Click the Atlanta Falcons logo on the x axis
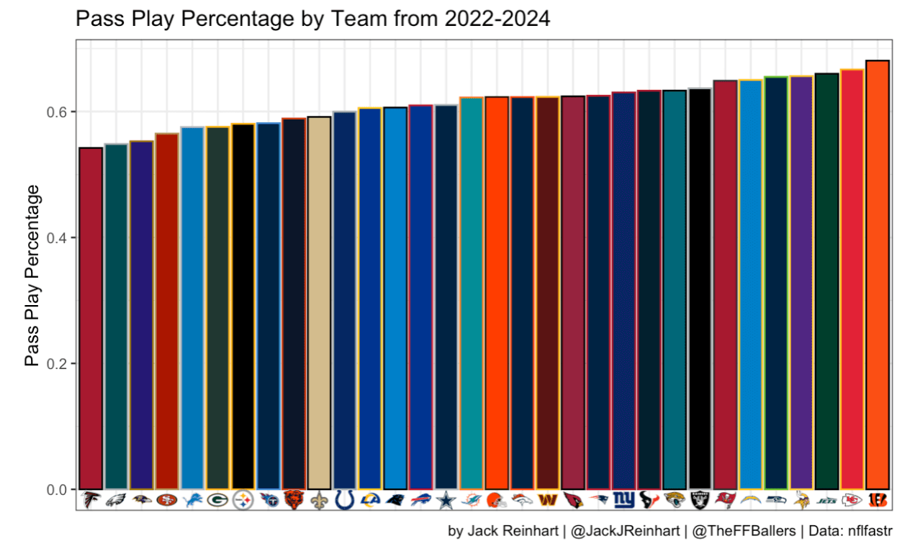coord(91,499)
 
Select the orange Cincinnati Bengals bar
coord(878,273)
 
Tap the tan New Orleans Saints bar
coord(319,302)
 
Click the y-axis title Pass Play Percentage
coord(32,275)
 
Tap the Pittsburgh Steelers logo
coord(243,499)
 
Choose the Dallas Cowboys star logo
coord(446,499)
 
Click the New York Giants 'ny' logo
coord(623,499)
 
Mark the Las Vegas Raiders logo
coord(700,499)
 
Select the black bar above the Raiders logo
coord(700,288)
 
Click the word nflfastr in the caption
coord(868,532)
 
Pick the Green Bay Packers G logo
coord(217,499)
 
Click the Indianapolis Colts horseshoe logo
coord(345,499)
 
